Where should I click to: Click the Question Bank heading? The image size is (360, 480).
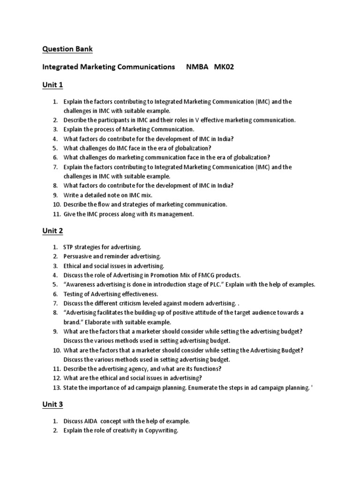click(67, 49)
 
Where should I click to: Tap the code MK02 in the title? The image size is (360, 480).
click(224, 67)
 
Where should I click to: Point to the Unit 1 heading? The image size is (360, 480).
click(52, 85)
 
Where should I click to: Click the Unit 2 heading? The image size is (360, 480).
click(52, 231)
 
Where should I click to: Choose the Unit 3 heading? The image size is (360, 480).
click(52, 405)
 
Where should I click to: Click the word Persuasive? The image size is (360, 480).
click(78, 256)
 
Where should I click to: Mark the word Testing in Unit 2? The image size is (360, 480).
click(74, 294)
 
